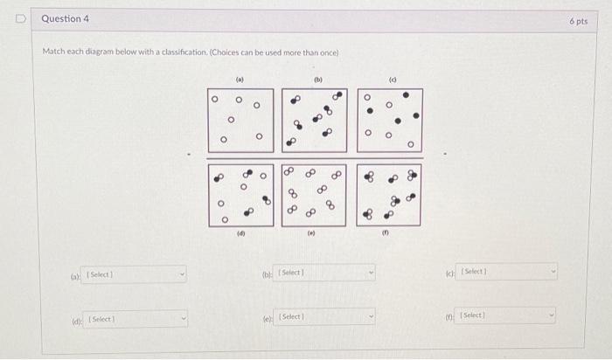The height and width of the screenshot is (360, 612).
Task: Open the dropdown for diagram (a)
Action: click(136, 274)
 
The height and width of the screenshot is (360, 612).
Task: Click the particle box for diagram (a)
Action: click(240, 120)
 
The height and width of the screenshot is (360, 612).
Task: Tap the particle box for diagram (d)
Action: click(240, 194)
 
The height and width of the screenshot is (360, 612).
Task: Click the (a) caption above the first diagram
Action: click(240, 79)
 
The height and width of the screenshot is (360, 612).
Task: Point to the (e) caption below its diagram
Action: click(311, 234)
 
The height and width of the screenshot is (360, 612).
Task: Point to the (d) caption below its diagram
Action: click(240, 234)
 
